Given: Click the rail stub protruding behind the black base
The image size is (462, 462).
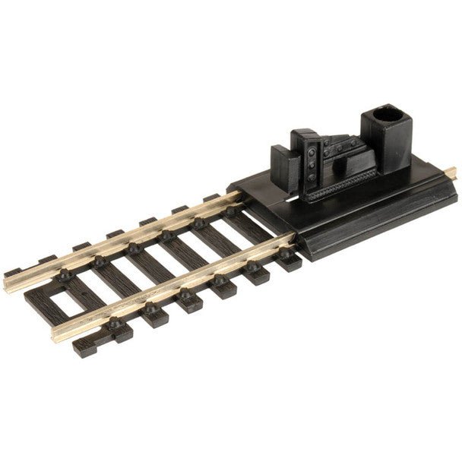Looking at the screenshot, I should pyautogui.click(x=450, y=175).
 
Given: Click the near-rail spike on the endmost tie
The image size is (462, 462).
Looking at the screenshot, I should pyautogui.click(x=114, y=322).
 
